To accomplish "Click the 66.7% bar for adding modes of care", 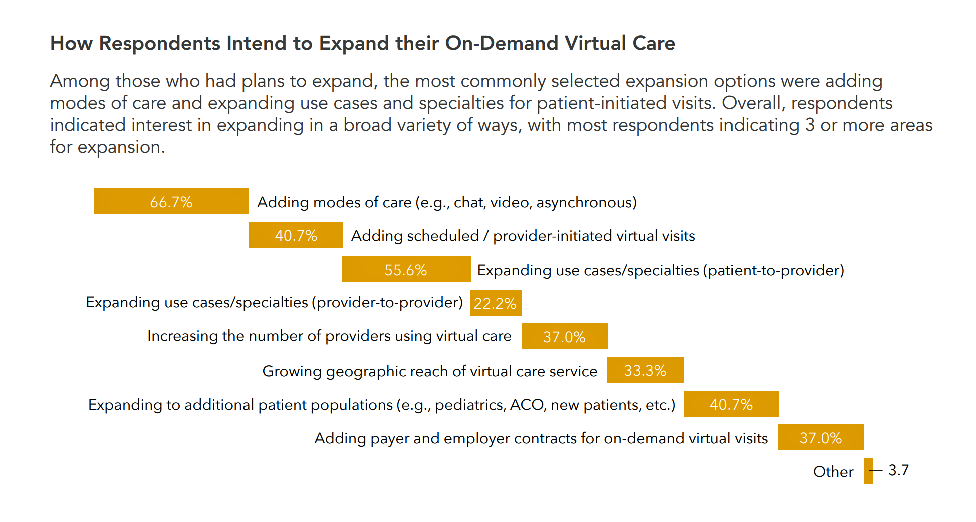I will [171, 201].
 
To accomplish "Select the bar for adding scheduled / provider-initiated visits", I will [295, 235].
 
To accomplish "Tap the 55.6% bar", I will [406, 269].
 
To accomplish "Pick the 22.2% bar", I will [496, 303].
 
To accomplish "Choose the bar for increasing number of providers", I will [564, 336].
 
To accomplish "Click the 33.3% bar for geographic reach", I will [645, 370].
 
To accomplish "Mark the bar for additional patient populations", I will [731, 404].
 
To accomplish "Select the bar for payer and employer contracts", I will [820, 437].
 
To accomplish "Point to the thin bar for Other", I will [868, 471].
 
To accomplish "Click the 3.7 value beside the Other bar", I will [898, 470].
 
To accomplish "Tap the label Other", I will [833, 472].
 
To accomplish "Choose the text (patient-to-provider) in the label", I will [774, 270].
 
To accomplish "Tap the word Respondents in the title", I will [159, 43].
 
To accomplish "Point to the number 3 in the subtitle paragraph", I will [810, 125].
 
